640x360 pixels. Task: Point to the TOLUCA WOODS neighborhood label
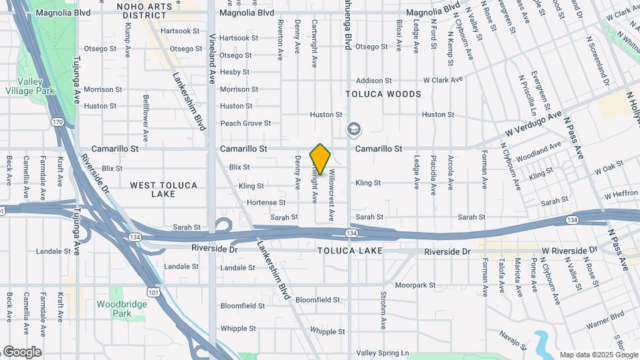coord(383,94)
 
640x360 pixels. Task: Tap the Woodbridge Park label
coord(117,309)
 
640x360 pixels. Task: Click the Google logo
coord(22,352)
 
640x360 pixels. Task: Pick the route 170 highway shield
coord(57,122)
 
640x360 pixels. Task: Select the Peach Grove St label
coord(245,123)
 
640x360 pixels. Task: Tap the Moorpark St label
coord(415,285)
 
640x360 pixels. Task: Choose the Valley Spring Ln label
coord(382,353)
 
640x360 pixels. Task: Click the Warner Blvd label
coord(605,319)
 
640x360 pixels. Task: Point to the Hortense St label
coord(265,203)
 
